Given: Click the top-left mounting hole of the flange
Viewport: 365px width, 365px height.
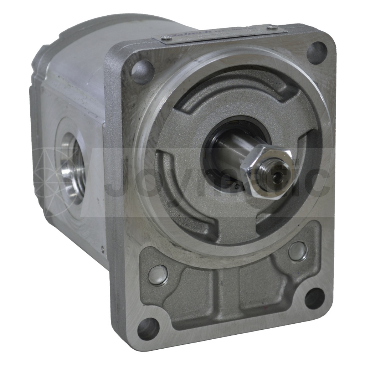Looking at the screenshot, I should pos(142,68).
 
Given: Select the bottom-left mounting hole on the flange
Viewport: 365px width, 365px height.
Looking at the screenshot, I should pos(148,328).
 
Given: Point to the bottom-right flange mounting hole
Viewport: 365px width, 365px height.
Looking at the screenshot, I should pos(314,298).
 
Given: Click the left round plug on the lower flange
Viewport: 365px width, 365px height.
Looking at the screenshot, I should pos(158,275).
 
